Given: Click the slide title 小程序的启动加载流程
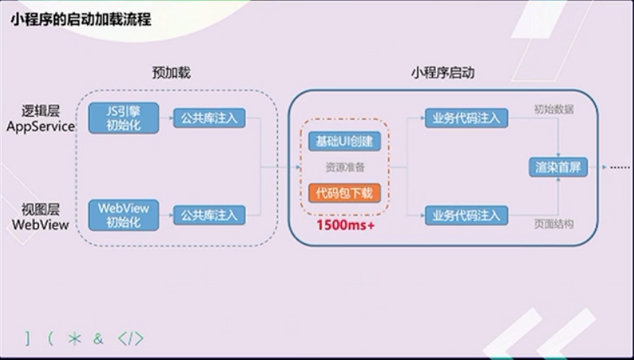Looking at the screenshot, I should coord(81,19).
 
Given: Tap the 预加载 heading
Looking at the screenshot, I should coord(171,72).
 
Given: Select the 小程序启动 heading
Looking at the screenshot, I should coord(442,72).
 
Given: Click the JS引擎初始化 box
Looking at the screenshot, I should coord(123,118).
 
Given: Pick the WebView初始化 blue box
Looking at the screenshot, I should coord(123,215).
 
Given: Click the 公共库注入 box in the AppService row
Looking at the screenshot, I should coord(209,118).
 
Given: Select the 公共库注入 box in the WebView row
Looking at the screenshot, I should coord(209,215).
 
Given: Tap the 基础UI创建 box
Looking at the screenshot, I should coord(345,141).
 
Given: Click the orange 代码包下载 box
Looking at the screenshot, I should coord(345,194).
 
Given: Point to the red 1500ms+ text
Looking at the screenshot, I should coord(345,225).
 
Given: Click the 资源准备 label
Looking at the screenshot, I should coord(345,168).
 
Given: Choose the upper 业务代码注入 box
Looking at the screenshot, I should coord(466,118).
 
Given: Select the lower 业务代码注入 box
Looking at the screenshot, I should coord(466,215).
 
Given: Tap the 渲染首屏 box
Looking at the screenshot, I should coord(558,168).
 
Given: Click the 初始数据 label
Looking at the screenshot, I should coord(554,109).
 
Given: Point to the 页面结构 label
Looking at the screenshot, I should coord(554,224).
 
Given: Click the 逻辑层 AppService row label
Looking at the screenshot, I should coord(41,118).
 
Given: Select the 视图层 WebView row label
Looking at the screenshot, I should coord(41,216).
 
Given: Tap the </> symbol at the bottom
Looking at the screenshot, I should coord(130,338).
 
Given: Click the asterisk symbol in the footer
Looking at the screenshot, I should coord(75,338).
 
